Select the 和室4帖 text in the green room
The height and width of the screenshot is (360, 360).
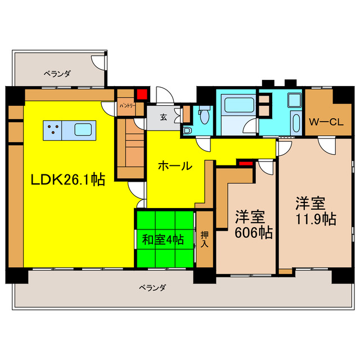tap(163, 239)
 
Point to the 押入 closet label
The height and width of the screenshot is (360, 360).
tap(205, 239)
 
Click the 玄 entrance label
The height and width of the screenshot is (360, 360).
tap(163, 118)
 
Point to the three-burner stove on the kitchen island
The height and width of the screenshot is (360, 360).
tap(52, 130)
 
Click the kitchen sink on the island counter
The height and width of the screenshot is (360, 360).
tap(87, 130)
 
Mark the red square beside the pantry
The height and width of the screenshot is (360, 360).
tap(142, 94)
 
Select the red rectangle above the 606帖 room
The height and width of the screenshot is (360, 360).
tap(245, 163)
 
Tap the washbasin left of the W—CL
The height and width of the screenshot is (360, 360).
tap(293, 101)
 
